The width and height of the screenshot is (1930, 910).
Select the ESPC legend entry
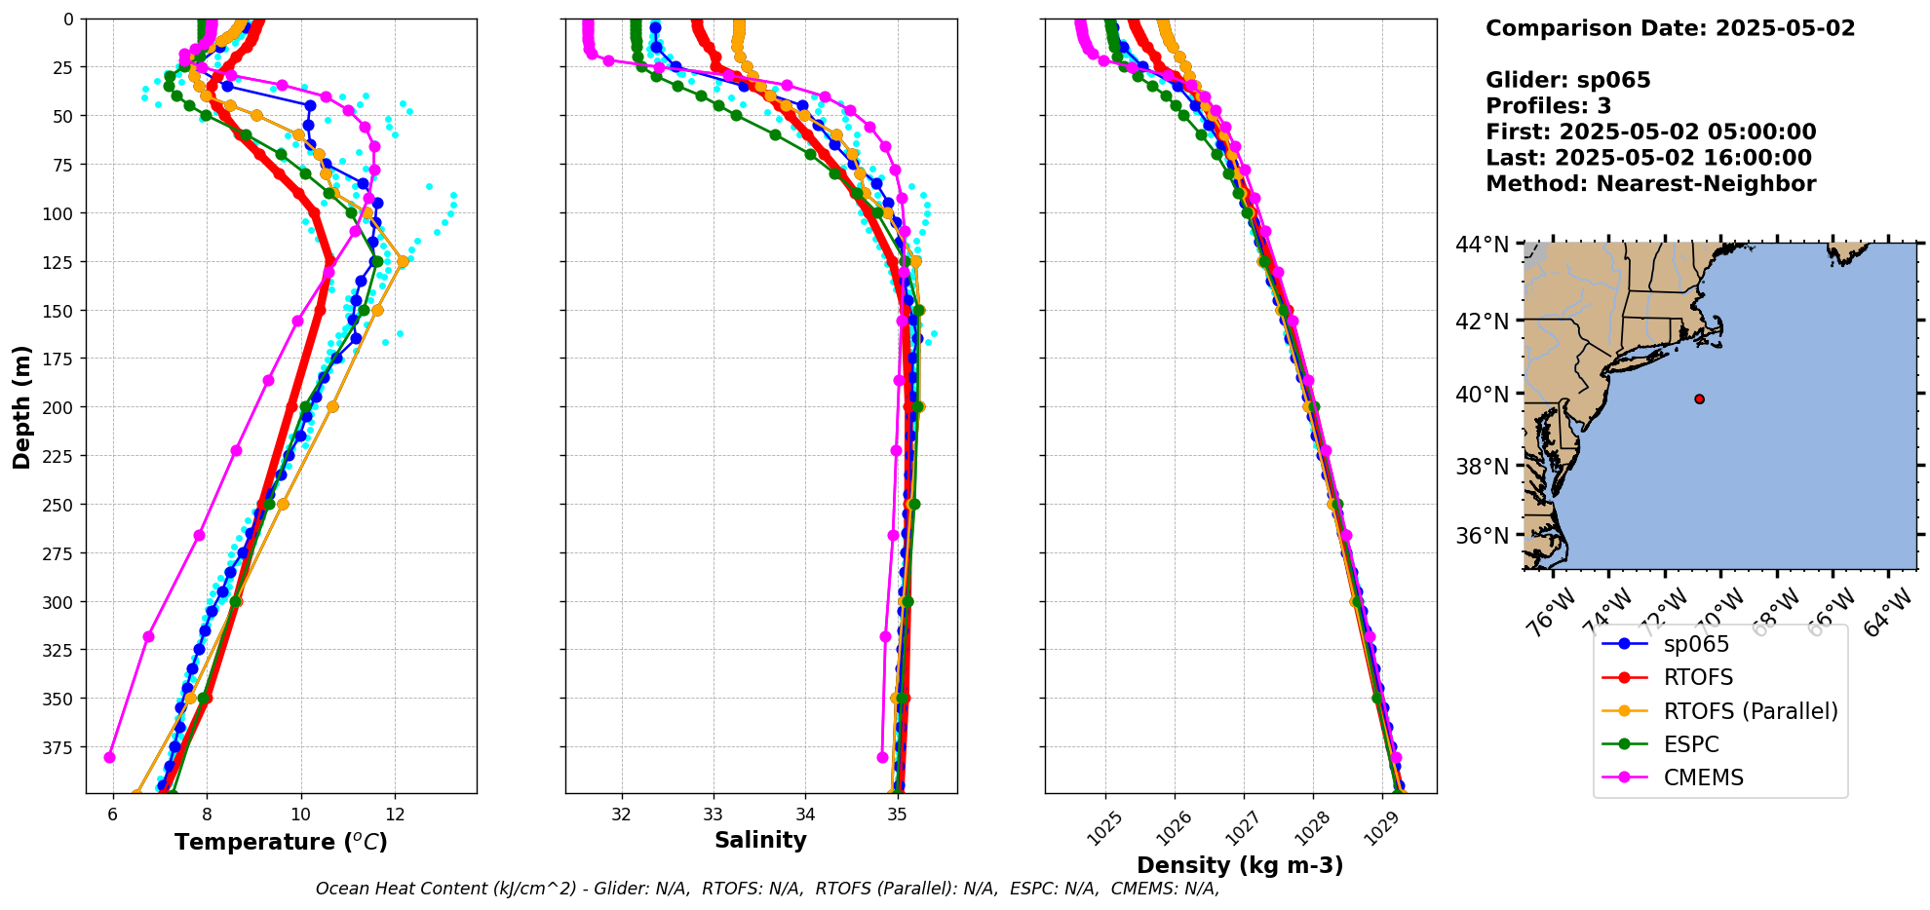(x=1691, y=744)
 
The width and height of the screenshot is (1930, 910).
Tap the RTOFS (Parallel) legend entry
(x=1750, y=711)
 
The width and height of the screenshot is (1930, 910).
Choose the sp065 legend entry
(x=1696, y=644)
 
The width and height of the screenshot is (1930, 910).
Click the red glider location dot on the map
(x=1699, y=398)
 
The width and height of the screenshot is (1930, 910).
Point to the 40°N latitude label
(x=1482, y=395)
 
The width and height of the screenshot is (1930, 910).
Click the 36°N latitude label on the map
(x=1482, y=536)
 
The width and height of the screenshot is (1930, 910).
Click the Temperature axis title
(x=281, y=842)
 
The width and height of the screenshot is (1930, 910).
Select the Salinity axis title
(x=760, y=840)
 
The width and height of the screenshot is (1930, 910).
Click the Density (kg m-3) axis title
(x=1240, y=865)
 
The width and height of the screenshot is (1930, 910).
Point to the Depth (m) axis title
(x=21, y=406)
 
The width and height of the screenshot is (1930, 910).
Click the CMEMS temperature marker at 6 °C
(x=109, y=757)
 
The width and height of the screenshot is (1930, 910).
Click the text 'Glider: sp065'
(x=1567, y=80)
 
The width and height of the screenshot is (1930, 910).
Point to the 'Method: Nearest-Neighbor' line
(x=1650, y=183)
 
